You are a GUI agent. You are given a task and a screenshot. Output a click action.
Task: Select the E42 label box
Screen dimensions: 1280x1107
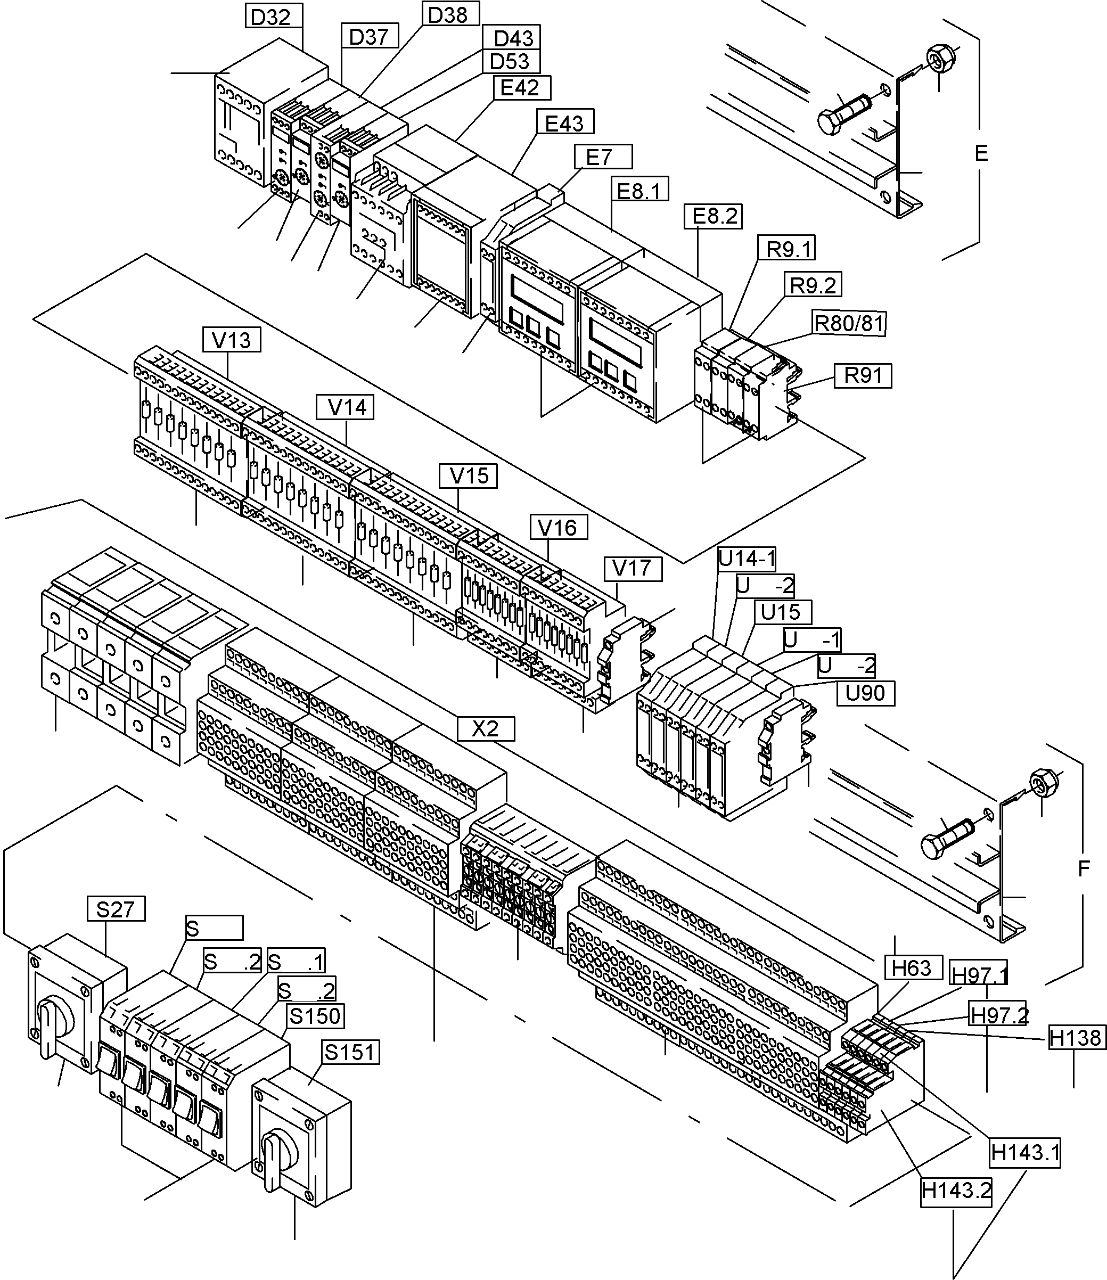(521, 88)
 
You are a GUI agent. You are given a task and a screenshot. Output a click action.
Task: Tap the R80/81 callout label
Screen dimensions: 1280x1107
(849, 323)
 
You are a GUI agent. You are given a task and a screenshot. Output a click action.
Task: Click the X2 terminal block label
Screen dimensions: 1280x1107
(486, 729)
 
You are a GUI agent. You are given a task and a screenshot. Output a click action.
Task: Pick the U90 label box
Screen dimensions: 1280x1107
(865, 693)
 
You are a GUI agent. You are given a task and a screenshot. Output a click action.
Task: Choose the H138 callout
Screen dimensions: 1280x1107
(1076, 1037)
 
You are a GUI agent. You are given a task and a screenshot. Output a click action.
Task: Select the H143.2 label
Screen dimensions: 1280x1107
(956, 1190)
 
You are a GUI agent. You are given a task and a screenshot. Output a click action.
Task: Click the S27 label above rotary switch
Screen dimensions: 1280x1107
(116, 909)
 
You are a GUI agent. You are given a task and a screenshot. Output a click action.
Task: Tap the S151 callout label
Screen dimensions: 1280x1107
(350, 1052)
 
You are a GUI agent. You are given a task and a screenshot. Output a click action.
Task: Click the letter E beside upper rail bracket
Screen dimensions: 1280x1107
(981, 153)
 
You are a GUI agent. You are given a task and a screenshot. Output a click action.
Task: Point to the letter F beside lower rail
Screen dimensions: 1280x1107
(1084, 868)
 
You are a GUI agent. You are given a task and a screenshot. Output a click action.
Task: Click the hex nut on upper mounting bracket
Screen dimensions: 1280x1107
(941, 58)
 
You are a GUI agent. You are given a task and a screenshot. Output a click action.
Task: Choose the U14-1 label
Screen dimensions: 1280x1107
(746, 559)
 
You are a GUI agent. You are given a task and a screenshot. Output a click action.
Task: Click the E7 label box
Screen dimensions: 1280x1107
(602, 157)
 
